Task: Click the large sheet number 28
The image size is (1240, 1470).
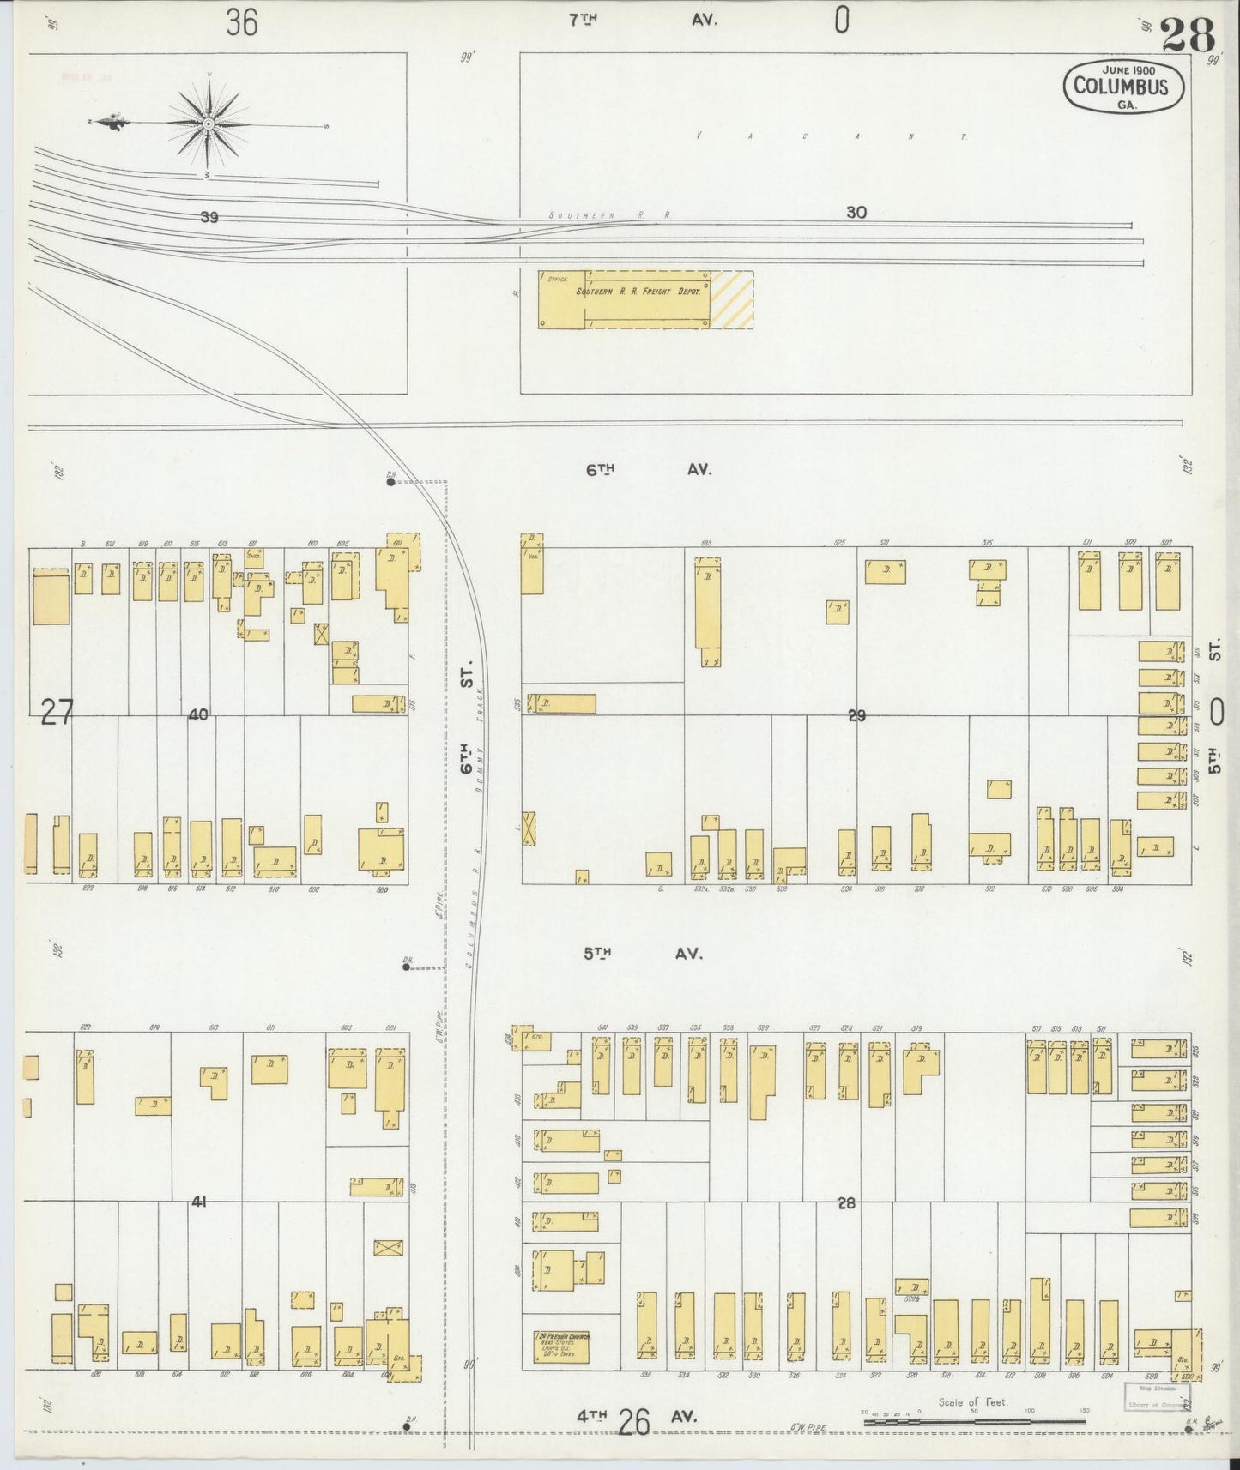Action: [x=1189, y=36]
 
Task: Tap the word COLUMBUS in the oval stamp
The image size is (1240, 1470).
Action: [x=1121, y=86]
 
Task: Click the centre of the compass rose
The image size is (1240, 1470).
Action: [x=209, y=125]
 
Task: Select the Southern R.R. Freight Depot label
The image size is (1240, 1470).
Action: [x=638, y=292]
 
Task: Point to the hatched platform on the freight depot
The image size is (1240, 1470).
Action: [x=732, y=299]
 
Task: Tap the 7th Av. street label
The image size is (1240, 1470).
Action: [x=644, y=21]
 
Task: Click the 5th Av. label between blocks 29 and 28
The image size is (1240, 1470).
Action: [x=644, y=953]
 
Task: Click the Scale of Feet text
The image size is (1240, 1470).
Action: [x=972, y=1403]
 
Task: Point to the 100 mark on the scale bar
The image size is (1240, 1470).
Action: [x=1028, y=1411]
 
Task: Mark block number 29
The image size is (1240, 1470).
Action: [x=856, y=715]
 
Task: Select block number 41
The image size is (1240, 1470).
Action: [x=198, y=1202]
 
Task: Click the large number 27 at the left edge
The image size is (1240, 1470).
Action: [x=57, y=713]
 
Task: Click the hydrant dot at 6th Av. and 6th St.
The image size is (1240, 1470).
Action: [x=390, y=482]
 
